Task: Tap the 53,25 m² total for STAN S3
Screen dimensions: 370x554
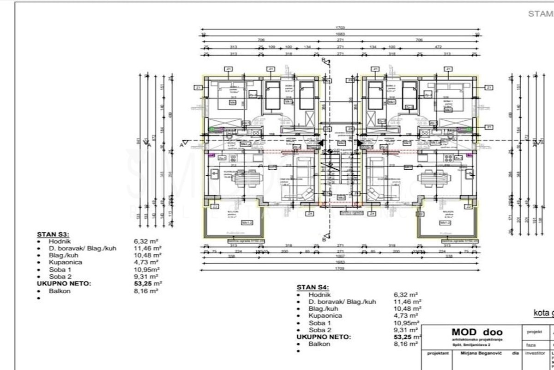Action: coord(148,283)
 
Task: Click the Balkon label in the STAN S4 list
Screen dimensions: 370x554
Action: coord(319,344)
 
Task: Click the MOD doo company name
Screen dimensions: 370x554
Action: coord(477,332)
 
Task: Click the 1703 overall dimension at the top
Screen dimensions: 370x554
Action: coord(341,28)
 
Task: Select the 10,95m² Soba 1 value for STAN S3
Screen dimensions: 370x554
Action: coord(147,269)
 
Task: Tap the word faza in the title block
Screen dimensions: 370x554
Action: coord(530,345)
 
